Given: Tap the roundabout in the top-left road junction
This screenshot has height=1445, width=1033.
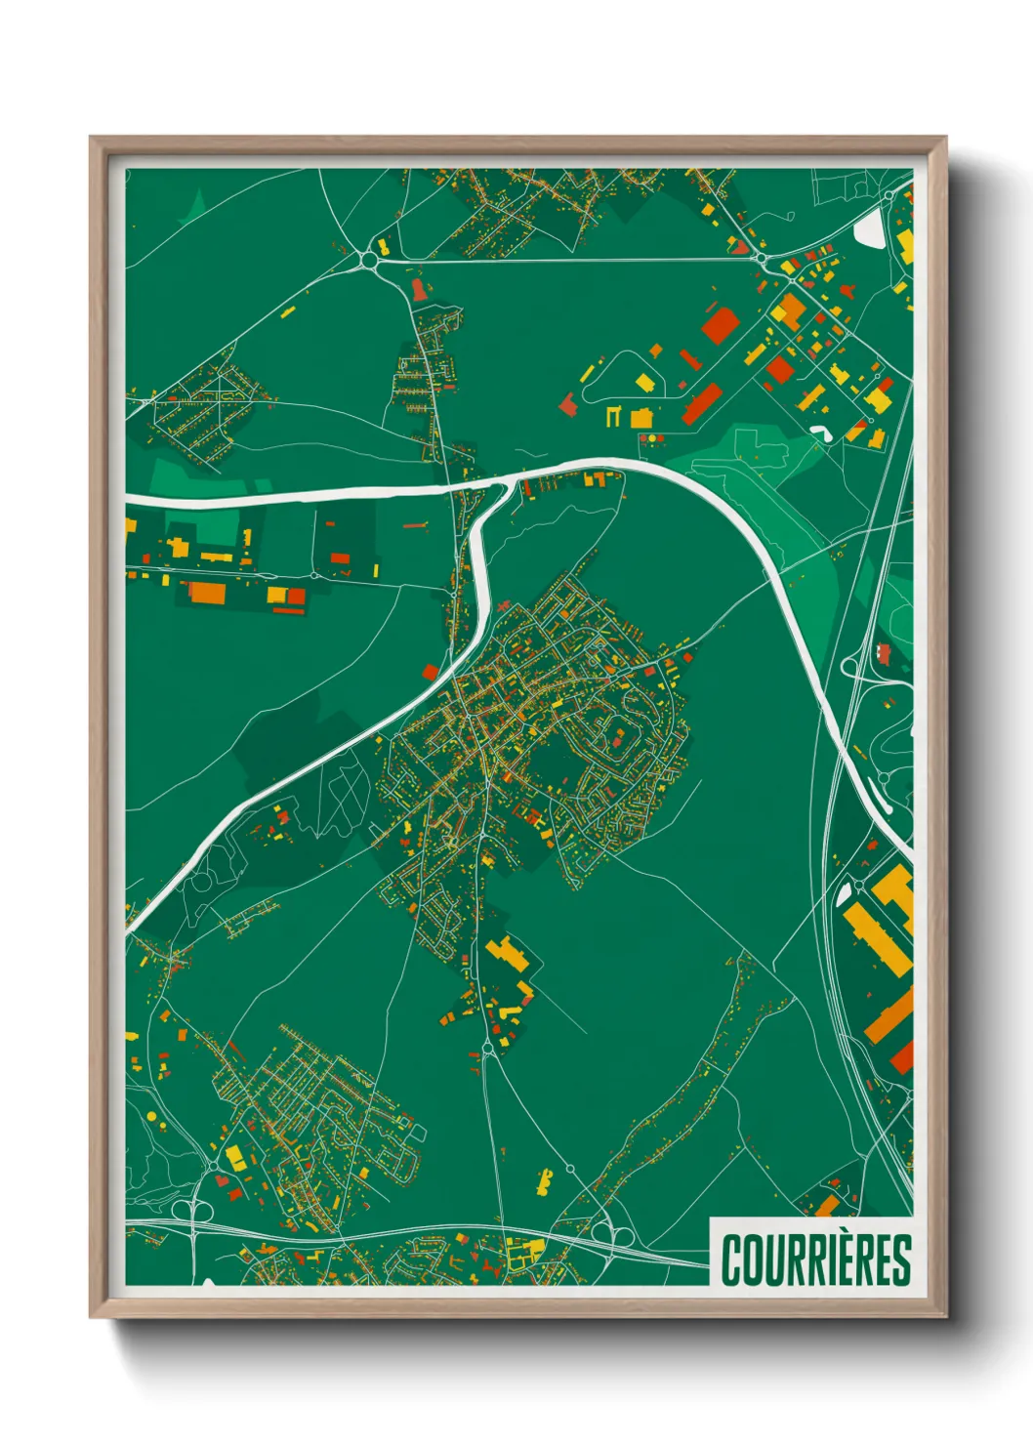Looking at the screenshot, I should [368, 260].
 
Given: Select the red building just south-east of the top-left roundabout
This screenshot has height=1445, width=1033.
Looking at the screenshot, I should [419, 289].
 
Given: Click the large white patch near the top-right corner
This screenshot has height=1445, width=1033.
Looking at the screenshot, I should [868, 230].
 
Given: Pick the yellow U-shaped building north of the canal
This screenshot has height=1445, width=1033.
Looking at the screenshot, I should [613, 416].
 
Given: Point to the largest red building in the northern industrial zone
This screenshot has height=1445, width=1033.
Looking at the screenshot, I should [719, 324].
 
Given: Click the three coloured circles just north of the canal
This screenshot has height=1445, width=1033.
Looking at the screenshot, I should [650, 439].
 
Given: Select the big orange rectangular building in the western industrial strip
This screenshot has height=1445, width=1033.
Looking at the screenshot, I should [206, 592].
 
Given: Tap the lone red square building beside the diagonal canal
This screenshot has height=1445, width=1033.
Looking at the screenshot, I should [431, 672].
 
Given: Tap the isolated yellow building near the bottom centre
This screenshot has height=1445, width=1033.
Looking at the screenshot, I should [544, 1181].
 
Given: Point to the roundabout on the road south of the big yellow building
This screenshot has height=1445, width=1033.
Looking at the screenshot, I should [487, 1050].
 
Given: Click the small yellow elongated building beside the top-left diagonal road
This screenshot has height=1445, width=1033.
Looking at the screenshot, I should [288, 312].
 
